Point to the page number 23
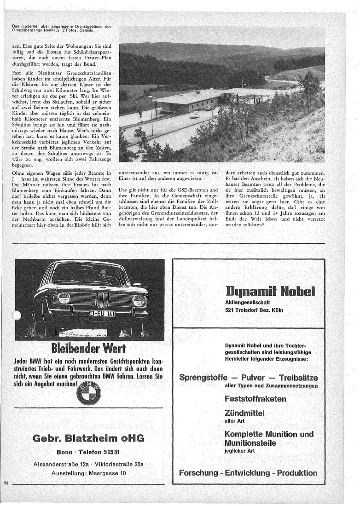click(x=6, y=482)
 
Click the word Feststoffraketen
click(x=255, y=398)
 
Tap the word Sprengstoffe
click(x=203, y=378)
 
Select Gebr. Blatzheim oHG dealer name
click(x=89, y=437)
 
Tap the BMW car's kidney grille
click(x=102, y=299)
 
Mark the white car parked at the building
click(x=195, y=115)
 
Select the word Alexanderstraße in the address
click(x=56, y=465)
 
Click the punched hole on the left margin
click(x=17, y=317)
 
